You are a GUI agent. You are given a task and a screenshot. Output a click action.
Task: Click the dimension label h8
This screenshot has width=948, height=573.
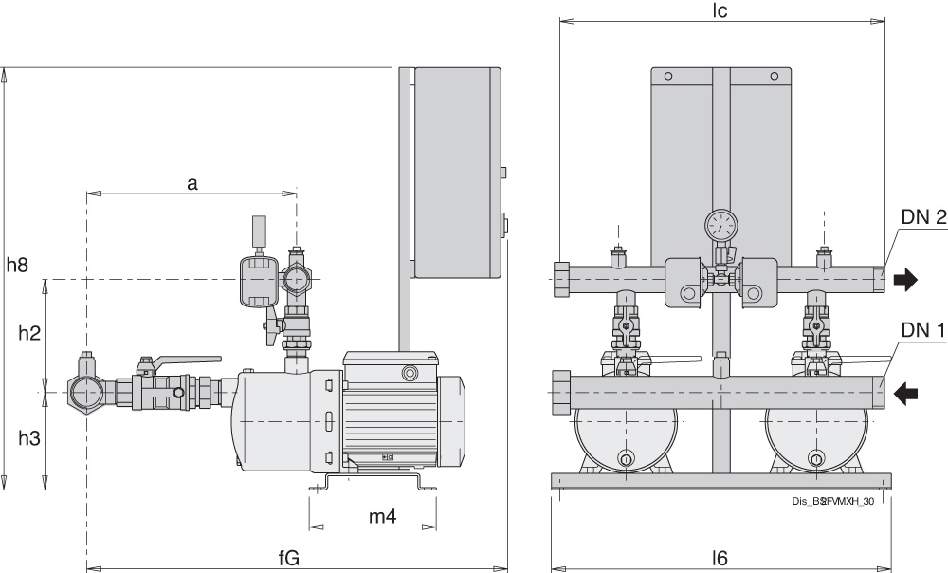pyautogui.click(x=17, y=266)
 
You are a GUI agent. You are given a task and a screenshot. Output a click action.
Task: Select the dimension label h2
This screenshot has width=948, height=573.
pyautogui.click(x=30, y=333)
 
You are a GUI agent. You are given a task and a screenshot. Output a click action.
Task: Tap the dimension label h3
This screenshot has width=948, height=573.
pyautogui.click(x=30, y=439)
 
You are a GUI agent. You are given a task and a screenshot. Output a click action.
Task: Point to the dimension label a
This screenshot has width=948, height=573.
pyautogui.click(x=191, y=183)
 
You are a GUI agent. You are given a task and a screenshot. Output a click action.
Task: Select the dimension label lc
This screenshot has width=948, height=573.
pyautogui.click(x=721, y=9)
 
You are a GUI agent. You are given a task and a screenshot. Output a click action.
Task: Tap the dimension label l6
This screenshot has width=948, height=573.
pyautogui.click(x=720, y=559)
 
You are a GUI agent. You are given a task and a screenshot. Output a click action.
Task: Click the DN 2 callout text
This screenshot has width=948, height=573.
pyautogui.click(x=922, y=217)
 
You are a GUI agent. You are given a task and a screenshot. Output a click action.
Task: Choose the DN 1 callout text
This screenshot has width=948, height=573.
pyautogui.click(x=922, y=330)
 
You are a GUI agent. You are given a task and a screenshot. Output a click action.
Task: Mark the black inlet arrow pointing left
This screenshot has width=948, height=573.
pyautogui.click(x=906, y=393)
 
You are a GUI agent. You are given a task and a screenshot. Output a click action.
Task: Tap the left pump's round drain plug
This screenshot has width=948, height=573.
pyautogui.click(x=626, y=460)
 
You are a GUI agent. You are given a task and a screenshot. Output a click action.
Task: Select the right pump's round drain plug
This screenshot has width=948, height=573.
pyautogui.click(x=815, y=460)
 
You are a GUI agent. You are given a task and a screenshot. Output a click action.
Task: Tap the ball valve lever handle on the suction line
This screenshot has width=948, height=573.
pyautogui.click(x=185, y=360)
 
